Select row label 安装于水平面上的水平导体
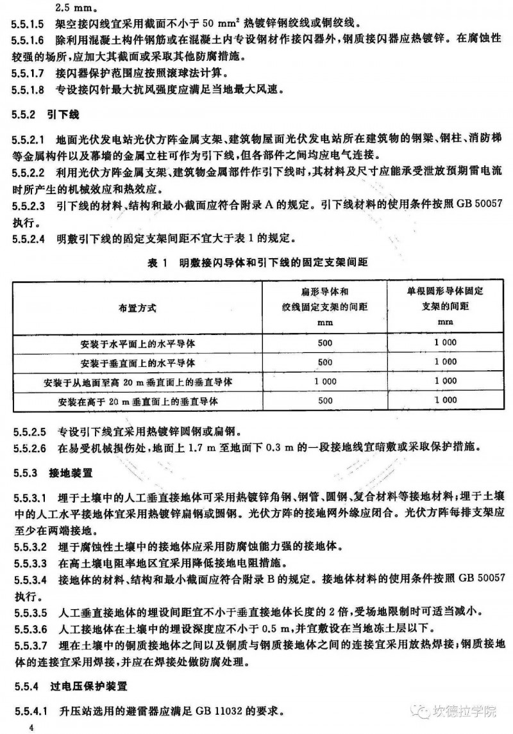pos(137,344)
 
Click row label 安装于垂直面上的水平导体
pos(137,363)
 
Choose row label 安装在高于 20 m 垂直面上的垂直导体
pos(137,401)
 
